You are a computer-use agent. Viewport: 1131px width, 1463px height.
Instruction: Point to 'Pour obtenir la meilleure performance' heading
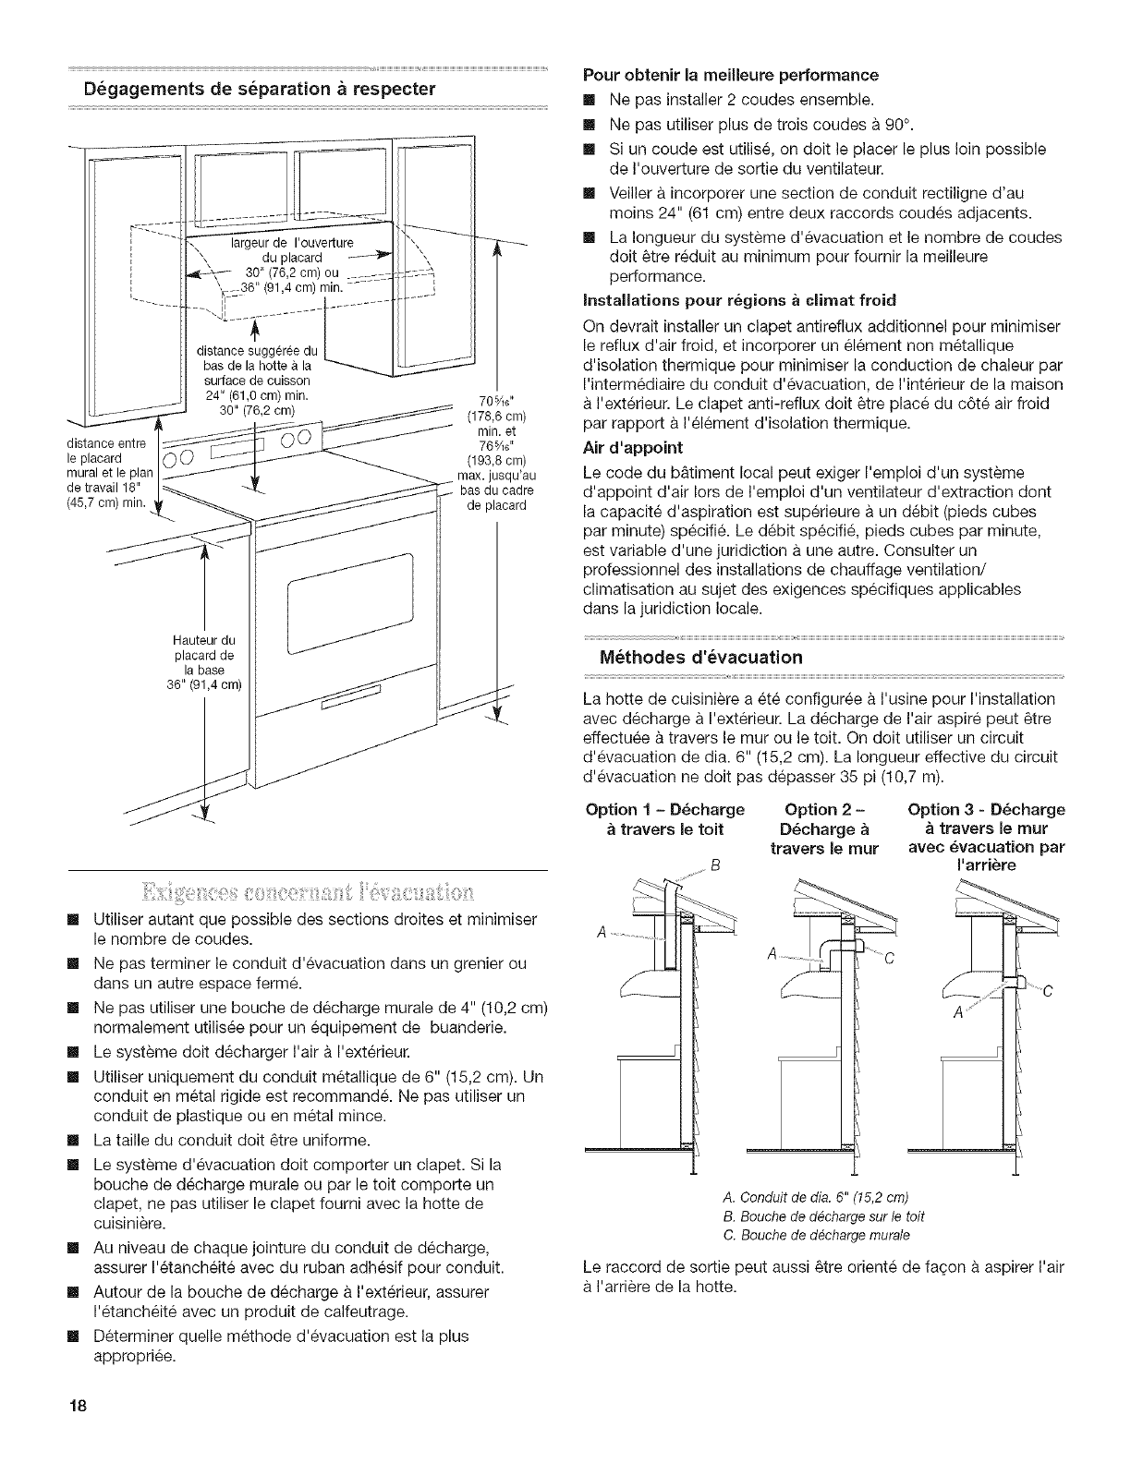click(x=730, y=74)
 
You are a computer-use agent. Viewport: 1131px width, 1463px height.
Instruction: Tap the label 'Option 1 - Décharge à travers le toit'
click(x=665, y=819)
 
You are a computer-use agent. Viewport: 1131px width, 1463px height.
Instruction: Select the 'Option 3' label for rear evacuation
click(x=987, y=837)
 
